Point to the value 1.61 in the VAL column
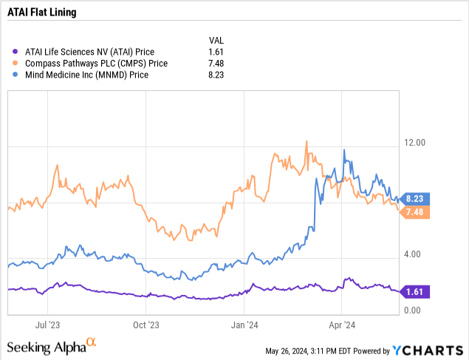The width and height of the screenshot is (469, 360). click(x=216, y=52)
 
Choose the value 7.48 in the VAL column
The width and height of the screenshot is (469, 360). click(x=216, y=64)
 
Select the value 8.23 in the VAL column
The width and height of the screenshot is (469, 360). click(x=216, y=75)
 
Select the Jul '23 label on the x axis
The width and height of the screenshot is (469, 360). click(x=47, y=324)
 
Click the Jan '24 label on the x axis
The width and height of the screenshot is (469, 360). click(x=244, y=324)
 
